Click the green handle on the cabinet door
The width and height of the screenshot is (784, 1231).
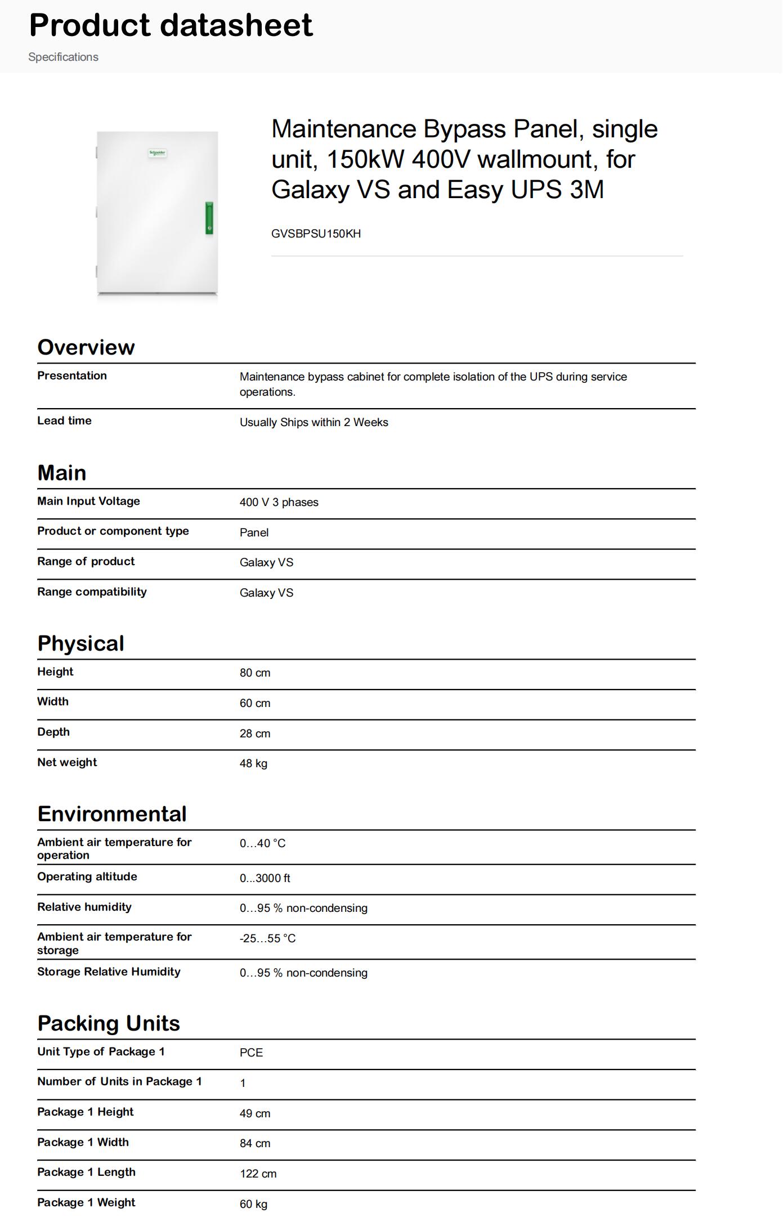[209, 218]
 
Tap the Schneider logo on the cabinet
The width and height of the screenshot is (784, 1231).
[158, 153]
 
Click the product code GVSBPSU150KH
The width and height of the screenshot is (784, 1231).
[316, 234]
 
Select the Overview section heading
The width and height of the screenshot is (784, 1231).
[86, 347]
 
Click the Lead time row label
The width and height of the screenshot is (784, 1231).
[64, 420]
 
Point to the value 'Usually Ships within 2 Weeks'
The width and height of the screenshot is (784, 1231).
[313, 422]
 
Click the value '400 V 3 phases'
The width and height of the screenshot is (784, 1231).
[279, 502]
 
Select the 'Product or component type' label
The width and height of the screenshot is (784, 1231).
[113, 531]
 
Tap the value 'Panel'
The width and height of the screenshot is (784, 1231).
[254, 532]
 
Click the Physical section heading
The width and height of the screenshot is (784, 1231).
[80, 643]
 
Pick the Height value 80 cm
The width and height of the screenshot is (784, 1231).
[255, 673]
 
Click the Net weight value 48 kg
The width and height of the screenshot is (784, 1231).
[253, 763]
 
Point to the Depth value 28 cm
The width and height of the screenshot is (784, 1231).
[255, 733]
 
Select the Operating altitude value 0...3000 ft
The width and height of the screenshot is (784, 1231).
[265, 878]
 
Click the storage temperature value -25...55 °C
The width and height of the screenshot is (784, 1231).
[267, 938]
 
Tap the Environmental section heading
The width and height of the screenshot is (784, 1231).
[112, 814]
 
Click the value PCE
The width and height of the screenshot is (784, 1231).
[251, 1053]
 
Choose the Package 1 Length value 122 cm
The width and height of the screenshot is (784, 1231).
[258, 1174]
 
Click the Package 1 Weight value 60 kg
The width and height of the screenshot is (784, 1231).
[253, 1204]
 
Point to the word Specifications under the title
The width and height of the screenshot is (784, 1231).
[63, 57]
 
